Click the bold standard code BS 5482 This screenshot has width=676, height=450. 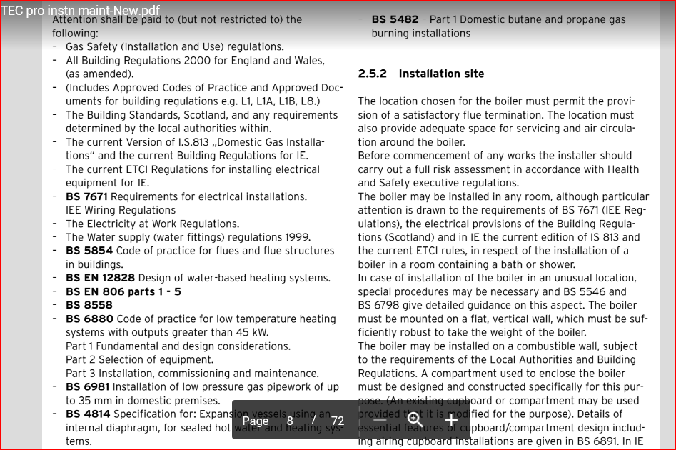point(395,19)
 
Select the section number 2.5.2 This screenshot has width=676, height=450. point(372,74)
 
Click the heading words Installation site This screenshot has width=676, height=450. point(441,74)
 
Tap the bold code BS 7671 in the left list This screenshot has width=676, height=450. point(87,196)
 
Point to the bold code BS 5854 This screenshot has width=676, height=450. point(89,251)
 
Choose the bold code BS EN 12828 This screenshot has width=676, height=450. point(101,278)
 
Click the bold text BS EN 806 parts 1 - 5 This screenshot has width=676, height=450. point(123,291)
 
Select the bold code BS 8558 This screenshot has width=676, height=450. point(89,305)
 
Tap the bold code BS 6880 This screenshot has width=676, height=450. point(89,319)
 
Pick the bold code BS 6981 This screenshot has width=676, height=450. point(88,387)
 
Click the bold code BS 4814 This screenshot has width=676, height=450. point(88,414)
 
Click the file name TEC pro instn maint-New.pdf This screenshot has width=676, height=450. point(81,11)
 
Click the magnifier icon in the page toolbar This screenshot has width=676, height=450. point(415,421)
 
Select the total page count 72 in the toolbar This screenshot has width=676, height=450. point(338,421)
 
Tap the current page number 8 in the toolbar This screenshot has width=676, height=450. point(290,421)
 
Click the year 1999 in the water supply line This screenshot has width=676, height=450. point(297,237)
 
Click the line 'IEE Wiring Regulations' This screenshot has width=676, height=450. point(121,210)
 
